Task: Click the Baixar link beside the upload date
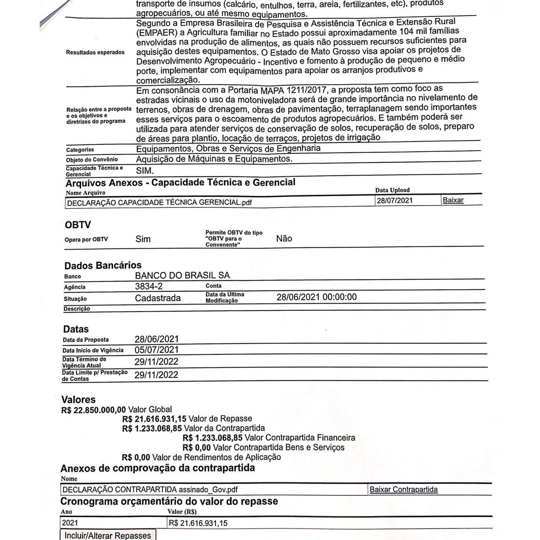453,200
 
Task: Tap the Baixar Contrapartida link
403,489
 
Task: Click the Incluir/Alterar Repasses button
108,535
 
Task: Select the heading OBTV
78,225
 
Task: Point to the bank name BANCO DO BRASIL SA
182,276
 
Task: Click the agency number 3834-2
149,286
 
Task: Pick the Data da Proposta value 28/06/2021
157,339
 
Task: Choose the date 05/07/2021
157,350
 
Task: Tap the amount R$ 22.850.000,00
94,410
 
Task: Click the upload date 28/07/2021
394,201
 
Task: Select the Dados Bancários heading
103,266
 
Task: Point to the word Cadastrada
158,298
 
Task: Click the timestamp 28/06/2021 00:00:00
316,297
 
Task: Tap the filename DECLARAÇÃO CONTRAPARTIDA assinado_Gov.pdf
150,490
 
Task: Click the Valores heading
78,400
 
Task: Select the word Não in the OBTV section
284,238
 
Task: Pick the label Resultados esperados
95,52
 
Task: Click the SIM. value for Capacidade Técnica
145,171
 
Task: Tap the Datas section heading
76,329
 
